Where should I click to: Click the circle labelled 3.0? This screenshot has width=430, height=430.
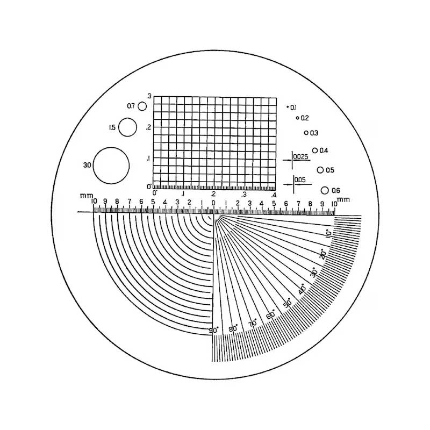93,166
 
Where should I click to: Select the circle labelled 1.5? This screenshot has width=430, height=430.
119,127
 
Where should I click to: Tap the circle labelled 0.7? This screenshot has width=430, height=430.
138,106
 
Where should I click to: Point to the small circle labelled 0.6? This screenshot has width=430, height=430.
321,190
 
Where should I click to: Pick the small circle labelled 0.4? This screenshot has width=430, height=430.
313,150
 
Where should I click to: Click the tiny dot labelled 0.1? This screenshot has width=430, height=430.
288,107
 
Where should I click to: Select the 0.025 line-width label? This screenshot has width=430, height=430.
301,157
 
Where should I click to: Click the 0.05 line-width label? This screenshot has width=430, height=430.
300,180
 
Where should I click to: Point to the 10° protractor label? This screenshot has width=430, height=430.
329,233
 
